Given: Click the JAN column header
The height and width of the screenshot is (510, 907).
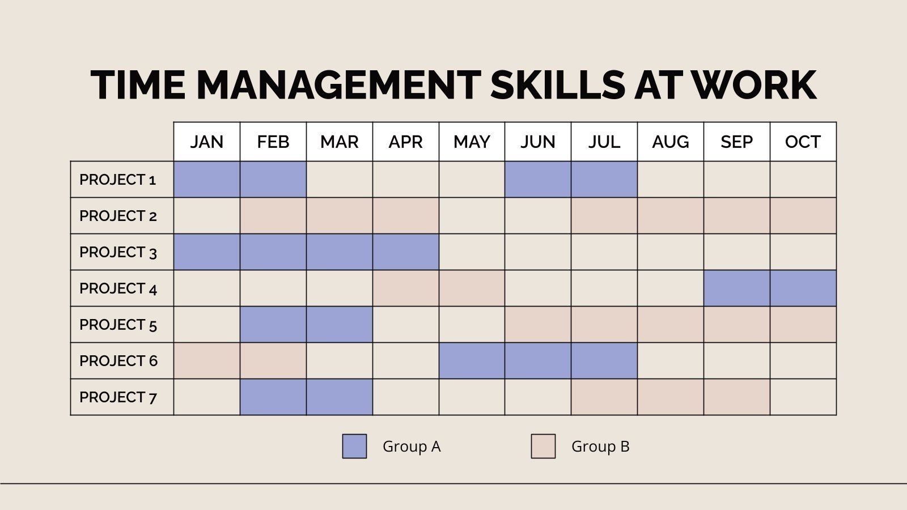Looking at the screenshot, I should tap(207, 142).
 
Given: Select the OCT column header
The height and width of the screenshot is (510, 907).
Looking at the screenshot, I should tap(803, 142).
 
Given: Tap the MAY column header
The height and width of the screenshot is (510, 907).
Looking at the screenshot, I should tap(472, 142).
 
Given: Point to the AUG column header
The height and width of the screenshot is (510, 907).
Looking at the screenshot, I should tap(670, 142).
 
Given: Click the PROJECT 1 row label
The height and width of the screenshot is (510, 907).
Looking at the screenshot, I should tap(118, 180).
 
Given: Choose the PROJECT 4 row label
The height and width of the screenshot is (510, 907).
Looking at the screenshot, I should tap(118, 288).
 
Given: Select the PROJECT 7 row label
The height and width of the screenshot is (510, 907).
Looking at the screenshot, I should tap(118, 397).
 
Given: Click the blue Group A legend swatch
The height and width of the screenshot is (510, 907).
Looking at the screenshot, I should tap(354, 446).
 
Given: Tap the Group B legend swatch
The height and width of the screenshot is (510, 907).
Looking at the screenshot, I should tap(543, 446).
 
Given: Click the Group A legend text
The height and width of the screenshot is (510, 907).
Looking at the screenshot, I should tap(412, 447).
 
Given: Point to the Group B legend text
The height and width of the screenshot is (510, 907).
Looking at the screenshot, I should tap(600, 447).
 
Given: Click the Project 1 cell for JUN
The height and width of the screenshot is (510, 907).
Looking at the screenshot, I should tap(538, 180).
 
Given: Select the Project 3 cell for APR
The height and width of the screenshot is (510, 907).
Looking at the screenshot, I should tap(405, 252).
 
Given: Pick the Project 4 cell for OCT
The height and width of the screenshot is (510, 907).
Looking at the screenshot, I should tap(803, 288).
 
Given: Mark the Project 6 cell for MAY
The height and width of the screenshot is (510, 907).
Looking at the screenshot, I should tap(472, 361).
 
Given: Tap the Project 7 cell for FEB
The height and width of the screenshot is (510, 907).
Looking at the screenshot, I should tap(273, 397).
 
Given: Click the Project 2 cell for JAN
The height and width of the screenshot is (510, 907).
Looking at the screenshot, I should tap(207, 216).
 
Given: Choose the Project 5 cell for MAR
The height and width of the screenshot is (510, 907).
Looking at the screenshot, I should tap(339, 325).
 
